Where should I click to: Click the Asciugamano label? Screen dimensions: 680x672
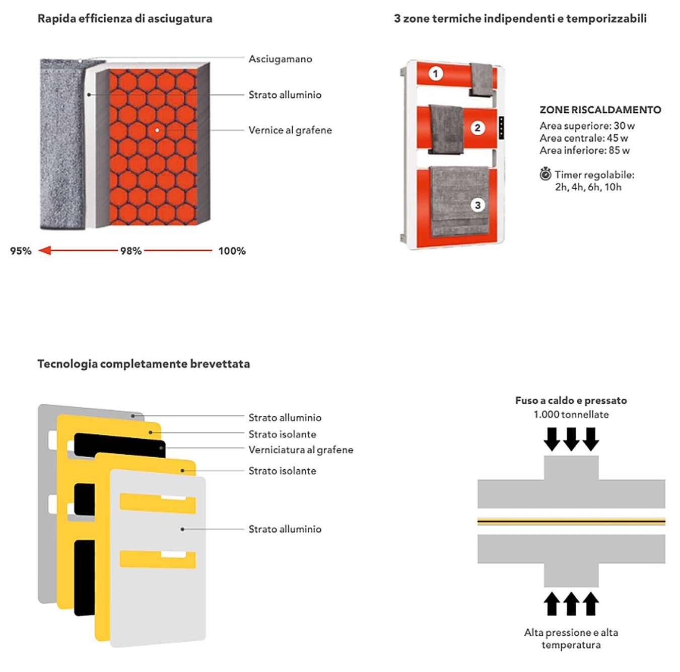(x=280, y=59)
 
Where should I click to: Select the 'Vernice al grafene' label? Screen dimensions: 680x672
(x=290, y=130)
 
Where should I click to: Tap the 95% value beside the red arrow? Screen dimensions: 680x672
(x=21, y=251)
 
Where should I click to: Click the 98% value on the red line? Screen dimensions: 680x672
(x=131, y=251)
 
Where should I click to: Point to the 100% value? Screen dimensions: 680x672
(x=232, y=251)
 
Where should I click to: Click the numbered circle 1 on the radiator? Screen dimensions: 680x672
(x=436, y=73)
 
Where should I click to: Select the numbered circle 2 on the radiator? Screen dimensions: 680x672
(x=478, y=128)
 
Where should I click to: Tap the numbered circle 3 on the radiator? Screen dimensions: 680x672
(x=478, y=205)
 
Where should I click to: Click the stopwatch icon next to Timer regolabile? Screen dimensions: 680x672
(x=545, y=174)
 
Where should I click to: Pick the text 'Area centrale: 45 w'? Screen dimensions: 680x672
(x=584, y=138)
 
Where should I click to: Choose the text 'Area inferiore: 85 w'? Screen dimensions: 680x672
(x=584, y=151)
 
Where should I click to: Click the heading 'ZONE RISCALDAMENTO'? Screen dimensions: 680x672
(x=600, y=110)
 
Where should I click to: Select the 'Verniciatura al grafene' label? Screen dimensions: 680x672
(x=301, y=450)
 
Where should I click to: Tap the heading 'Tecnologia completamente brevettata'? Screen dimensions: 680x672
(x=144, y=364)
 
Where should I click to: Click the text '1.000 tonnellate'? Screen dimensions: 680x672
(x=571, y=414)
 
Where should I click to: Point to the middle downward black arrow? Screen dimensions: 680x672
(x=571, y=439)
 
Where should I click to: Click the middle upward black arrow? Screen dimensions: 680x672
(x=571, y=604)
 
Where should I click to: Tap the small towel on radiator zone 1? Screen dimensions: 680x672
(x=481, y=80)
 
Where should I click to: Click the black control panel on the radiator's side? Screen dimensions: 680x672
(x=502, y=128)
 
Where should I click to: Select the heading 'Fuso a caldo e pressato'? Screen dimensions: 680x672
(x=571, y=400)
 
